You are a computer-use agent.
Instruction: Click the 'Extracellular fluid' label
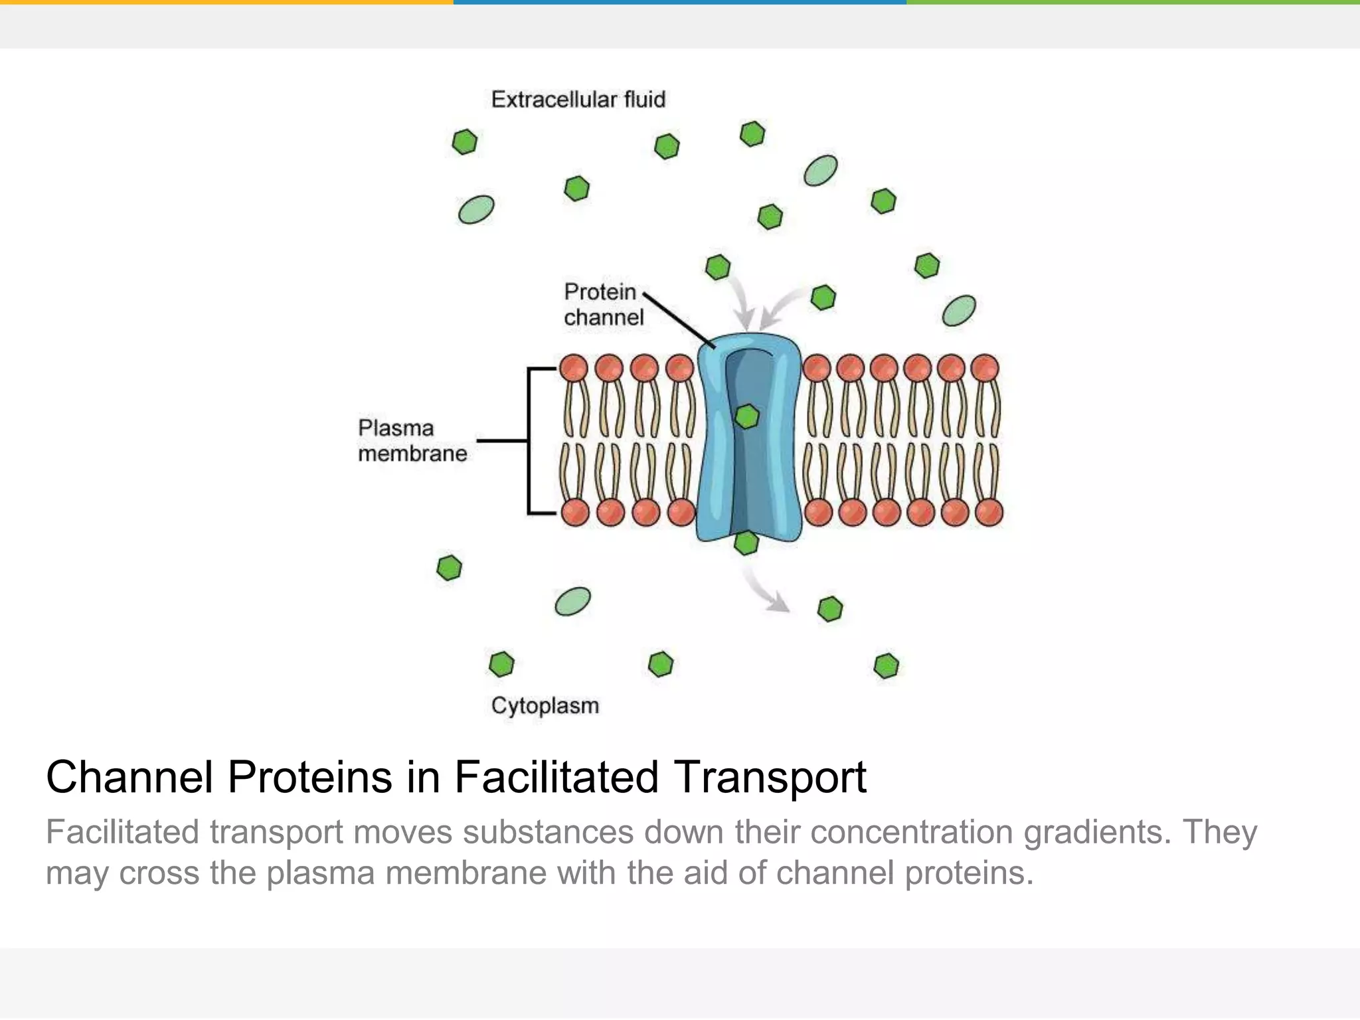coord(578,100)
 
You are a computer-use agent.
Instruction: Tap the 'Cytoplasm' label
coord(545,705)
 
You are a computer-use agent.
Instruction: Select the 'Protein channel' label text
coord(603,304)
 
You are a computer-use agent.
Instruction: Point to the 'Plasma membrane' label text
coord(412,440)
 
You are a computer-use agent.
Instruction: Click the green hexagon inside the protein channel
coord(747,416)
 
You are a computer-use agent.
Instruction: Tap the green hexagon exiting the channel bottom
coord(746,543)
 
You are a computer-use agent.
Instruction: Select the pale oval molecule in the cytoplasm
coord(572,602)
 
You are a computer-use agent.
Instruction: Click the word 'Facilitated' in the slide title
coord(556,777)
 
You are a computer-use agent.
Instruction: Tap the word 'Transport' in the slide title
coord(770,777)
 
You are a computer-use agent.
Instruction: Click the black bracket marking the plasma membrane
coord(529,440)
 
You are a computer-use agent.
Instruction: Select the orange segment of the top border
coord(226,2)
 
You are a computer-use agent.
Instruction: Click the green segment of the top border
coord(1133,2)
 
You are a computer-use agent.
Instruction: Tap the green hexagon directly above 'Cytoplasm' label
coord(501,663)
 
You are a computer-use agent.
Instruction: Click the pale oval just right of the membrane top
coord(959,311)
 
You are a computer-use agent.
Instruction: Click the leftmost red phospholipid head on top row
coord(574,368)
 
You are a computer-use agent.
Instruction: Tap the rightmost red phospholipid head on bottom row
coord(989,513)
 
